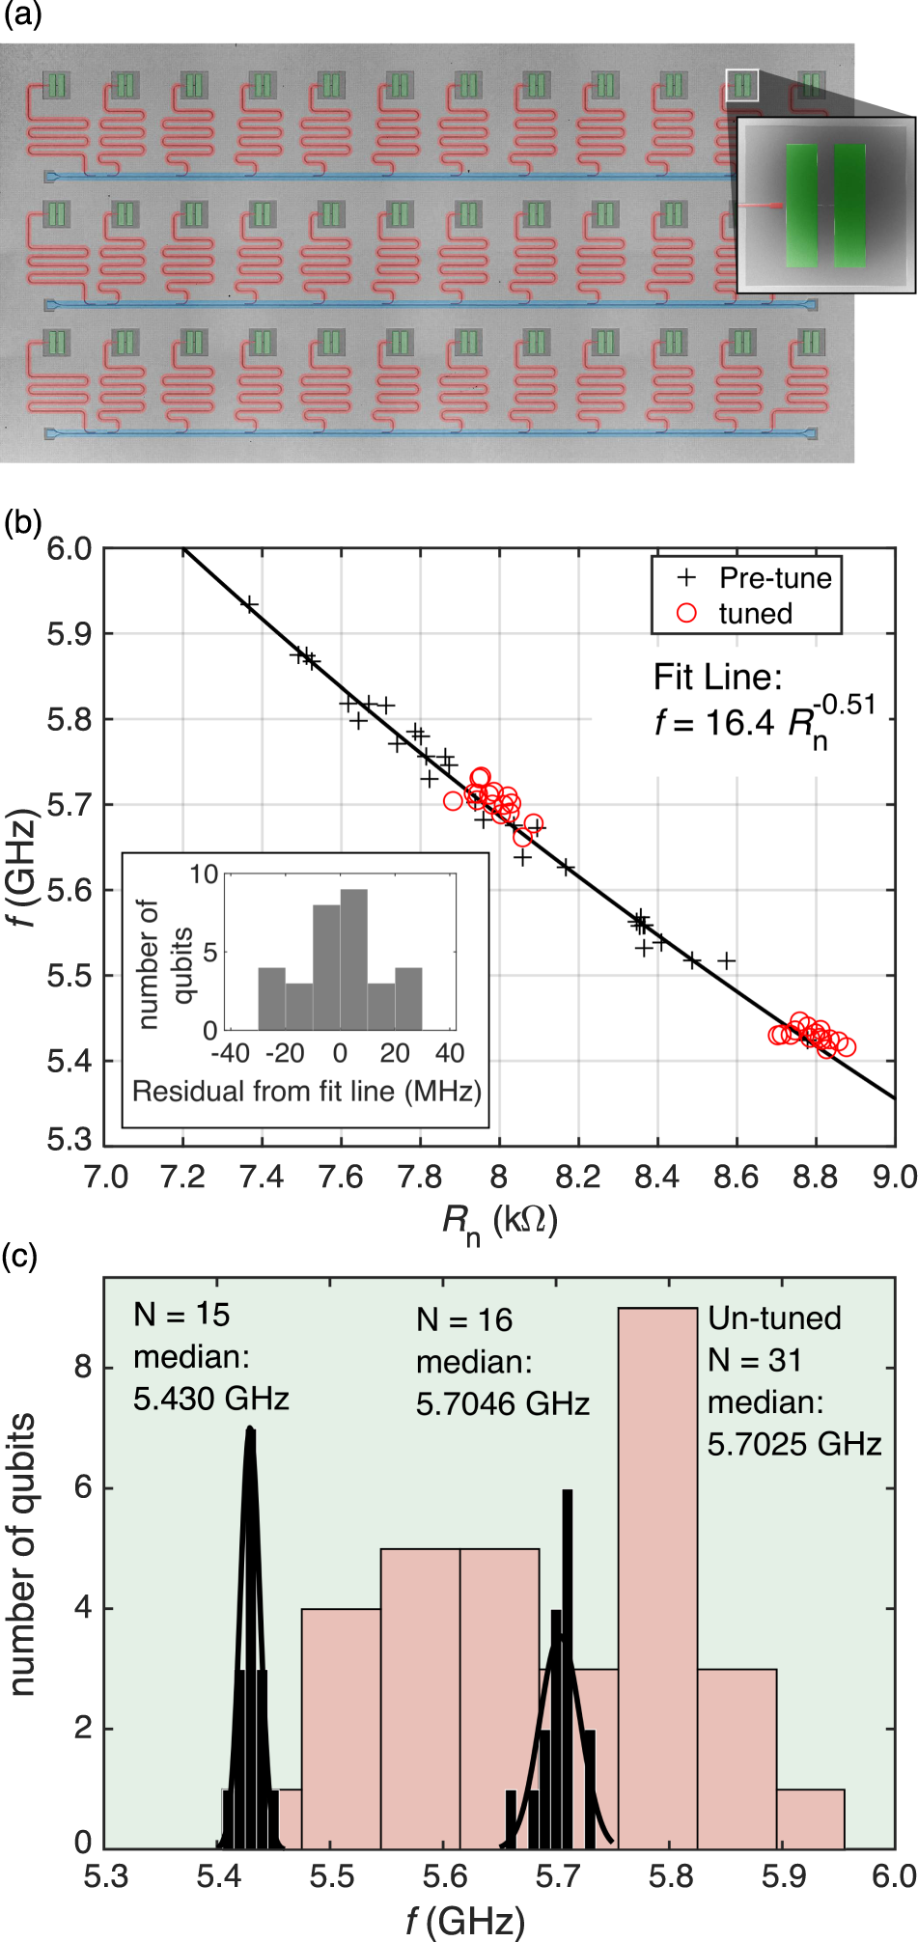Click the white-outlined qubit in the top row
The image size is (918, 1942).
point(741,85)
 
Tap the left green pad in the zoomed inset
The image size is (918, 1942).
point(801,205)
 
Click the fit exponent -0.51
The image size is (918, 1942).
point(844,705)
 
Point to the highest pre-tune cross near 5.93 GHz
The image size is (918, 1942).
point(249,605)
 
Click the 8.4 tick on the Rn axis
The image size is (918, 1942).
point(657,1178)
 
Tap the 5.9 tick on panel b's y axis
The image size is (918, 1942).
point(70,634)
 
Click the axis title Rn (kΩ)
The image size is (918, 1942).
point(500,1222)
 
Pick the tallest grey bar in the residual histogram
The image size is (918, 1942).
point(354,959)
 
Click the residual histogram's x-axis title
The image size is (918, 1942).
point(307,1092)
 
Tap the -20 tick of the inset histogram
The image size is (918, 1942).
point(285,1053)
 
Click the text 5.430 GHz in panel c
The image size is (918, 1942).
point(211,1399)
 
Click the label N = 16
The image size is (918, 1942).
point(464,1320)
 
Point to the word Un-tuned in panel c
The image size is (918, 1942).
point(774,1318)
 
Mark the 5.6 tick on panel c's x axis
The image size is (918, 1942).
point(444,1876)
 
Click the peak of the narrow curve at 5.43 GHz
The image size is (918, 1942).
point(250,1429)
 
